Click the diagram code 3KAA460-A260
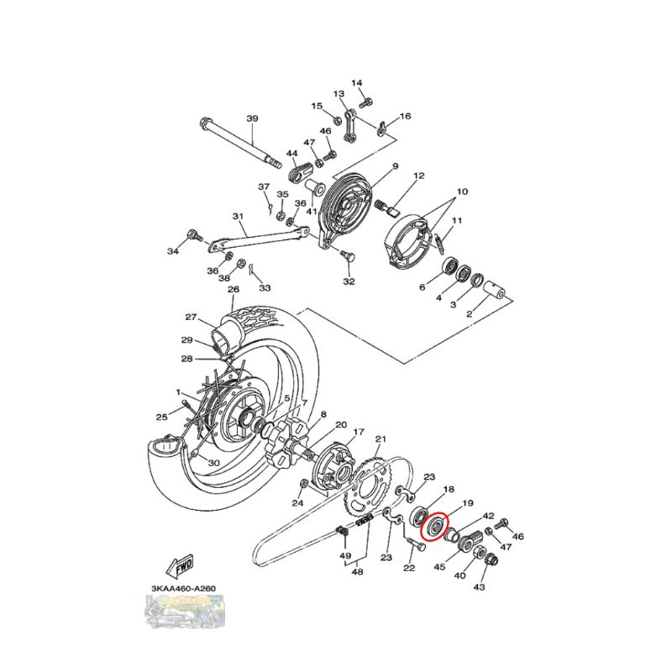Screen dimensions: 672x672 (181, 587)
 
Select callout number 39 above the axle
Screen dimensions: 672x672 (251, 118)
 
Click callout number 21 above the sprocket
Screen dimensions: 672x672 (381, 439)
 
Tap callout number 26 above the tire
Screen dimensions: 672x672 (233, 289)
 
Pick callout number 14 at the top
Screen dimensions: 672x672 (356, 82)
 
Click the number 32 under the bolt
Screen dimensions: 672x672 (349, 281)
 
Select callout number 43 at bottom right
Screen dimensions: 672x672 (480, 587)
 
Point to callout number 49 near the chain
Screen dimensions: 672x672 (344, 556)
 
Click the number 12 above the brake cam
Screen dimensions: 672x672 (418, 176)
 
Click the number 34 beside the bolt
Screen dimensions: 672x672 (173, 251)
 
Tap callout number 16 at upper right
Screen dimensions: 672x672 (406, 116)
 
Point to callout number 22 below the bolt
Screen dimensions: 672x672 (409, 569)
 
